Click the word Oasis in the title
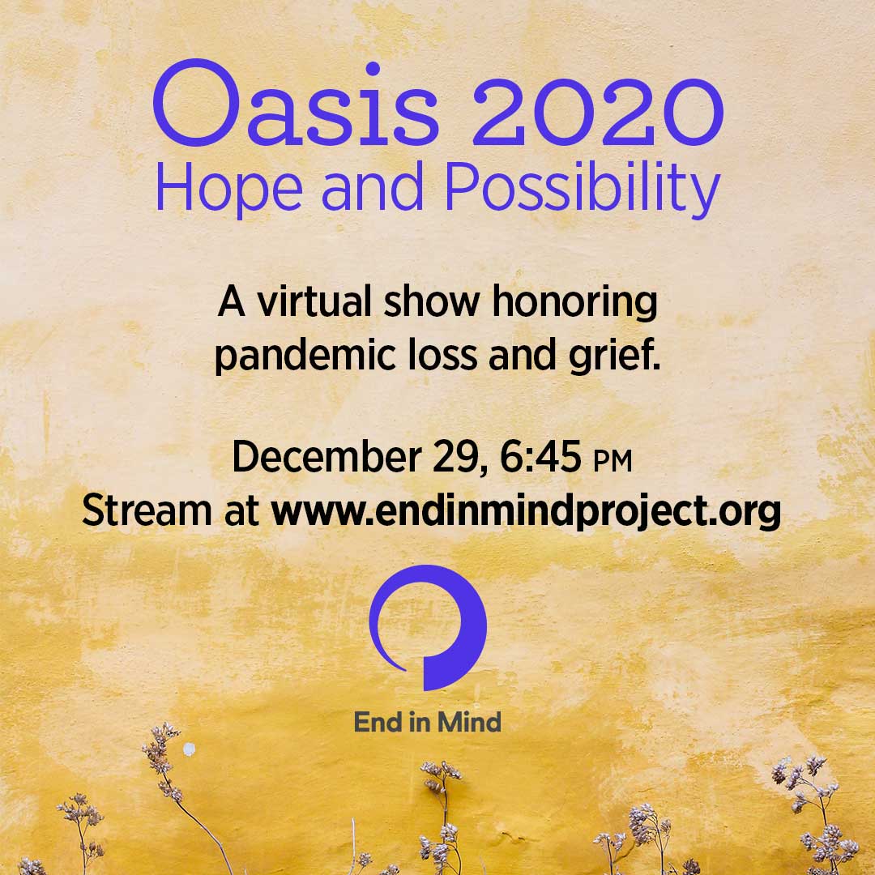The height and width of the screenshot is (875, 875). tap(296, 103)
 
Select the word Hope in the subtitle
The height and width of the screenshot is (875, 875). tap(228, 188)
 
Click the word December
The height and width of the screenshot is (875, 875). tap(327, 456)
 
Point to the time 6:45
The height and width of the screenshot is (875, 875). tap(540, 456)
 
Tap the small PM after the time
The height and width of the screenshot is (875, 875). tap(612, 462)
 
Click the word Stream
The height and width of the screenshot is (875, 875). tap(147, 510)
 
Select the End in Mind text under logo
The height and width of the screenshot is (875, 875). tap(428, 722)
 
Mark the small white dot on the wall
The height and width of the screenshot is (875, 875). tap(189, 749)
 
